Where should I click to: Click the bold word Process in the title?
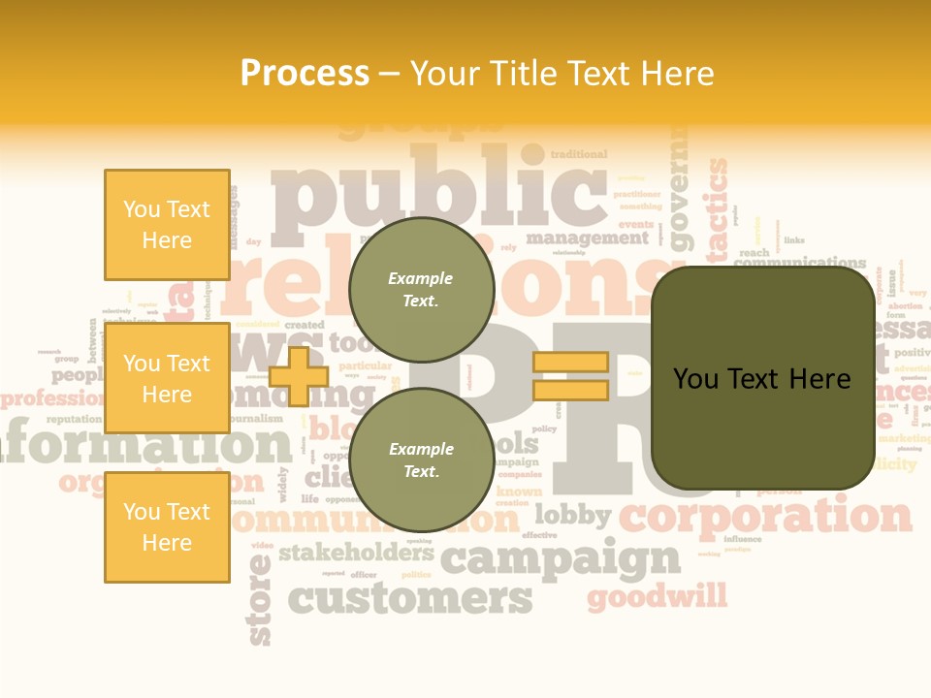click(x=305, y=74)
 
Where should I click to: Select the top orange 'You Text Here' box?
click(x=167, y=225)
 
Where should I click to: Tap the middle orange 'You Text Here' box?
click(x=167, y=378)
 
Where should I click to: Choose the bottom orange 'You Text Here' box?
click(x=167, y=526)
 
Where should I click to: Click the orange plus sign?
click(x=299, y=375)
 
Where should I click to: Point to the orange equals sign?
click(x=570, y=376)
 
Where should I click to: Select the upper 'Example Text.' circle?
click(x=421, y=289)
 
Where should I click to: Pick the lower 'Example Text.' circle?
click(x=421, y=460)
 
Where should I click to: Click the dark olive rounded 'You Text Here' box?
click(x=762, y=378)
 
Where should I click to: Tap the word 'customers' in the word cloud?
click(x=411, y=598)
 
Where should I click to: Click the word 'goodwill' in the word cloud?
click(x=657, y=595)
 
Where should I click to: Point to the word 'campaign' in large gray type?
click(x=561, y=559)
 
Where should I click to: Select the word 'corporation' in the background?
click(x=766, y=515)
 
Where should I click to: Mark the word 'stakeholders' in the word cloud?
click(x=356, y=554)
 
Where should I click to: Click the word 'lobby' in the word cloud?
click(x=572, y=515)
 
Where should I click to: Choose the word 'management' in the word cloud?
click(x=587, y=238)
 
